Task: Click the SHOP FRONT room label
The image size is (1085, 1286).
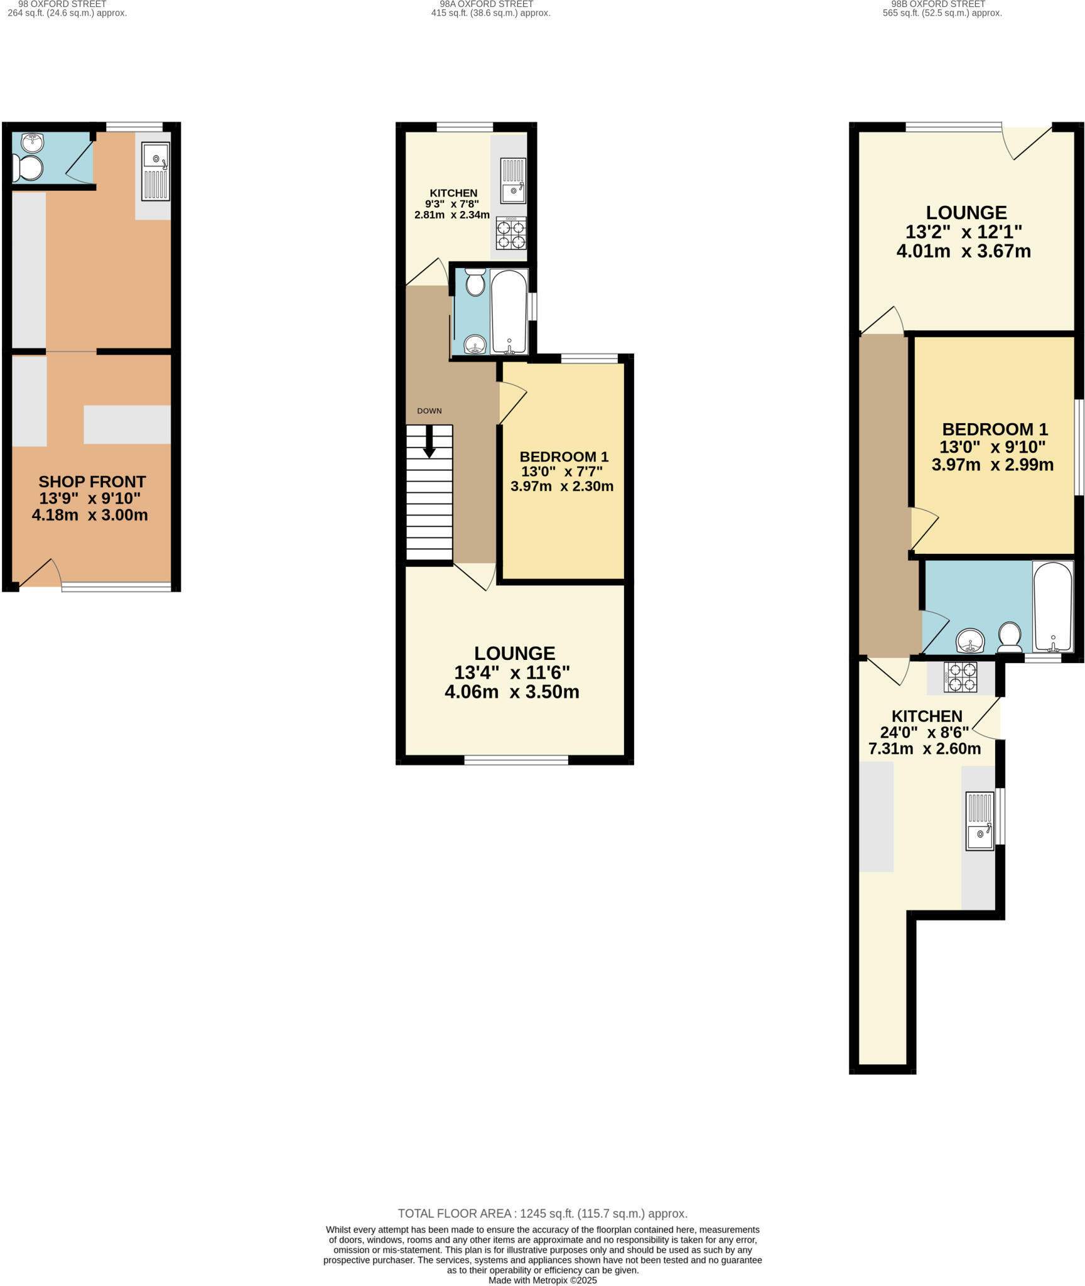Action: pyautogui.click(x=92, y=482)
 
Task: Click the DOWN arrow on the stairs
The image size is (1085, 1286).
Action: pyautogui.click(x=429, y=441)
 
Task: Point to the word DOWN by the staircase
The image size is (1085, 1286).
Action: pyautogui.click(x=429, y=411)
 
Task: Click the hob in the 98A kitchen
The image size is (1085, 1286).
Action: pyautogui.click(x=511, y=233)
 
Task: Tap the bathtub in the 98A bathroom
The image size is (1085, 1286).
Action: pyautogui.click(x=509, y=311)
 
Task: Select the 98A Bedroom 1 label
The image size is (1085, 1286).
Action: pyautogui.click(x=564, y=457)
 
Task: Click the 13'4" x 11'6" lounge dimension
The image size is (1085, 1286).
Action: pyautogui.click(x=512, y=673)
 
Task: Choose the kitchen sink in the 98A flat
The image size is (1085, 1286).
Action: pyautogui.click(x=513, y=181)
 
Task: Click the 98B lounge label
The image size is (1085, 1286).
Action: pyautogui.click(x=966, y=212)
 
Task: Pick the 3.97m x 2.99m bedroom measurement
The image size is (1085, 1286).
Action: pyautogui.click(x=992, y=465)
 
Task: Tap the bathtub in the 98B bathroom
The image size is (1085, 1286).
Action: pyautogui.click(x=1053, y=607)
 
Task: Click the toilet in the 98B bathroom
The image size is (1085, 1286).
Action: pyautogui.click(x=1010, y=635)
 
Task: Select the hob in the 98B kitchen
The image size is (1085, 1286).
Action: pyautogui.click(x=960, y=677)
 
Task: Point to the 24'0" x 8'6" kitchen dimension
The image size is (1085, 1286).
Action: pyautogui.click(x=924, y=732)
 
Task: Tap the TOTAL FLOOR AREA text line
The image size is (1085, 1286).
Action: pyautogui.click(x=542, y=1214)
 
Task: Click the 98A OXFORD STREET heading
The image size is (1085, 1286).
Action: pyautogui.click(x=491, y=4)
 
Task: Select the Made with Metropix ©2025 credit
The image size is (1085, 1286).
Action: pyautogui.click(x=542, y=1280)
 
